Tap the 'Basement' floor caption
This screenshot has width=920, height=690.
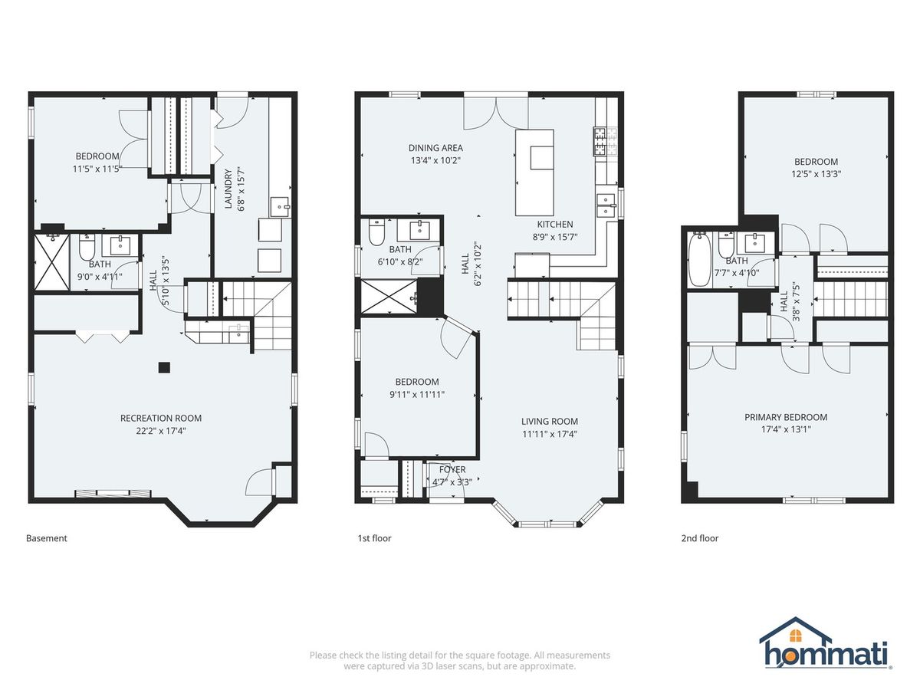[47, 538]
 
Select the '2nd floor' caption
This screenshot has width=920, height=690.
[699, 538]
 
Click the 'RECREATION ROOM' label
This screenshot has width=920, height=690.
[161, 418]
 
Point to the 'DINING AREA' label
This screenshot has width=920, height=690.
[435, 148]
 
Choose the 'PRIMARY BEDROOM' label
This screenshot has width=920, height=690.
[786, 417]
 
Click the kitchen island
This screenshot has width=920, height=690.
[534, 172]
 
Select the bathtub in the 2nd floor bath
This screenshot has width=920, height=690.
[699, 259]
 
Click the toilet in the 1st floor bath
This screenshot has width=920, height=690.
[376, 233]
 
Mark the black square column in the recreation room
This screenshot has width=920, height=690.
[164, 368]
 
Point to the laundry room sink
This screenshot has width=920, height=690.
[279, 207]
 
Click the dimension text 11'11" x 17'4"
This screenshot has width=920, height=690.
[550, 434]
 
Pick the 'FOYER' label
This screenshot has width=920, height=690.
[452, 470]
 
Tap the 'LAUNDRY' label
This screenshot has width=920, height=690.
[228, 189]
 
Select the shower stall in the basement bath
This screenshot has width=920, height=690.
[51, 262]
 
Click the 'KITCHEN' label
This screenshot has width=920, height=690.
[555, 224]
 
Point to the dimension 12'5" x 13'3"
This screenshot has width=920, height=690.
[816, 174]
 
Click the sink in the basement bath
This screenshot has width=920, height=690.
[120, 245]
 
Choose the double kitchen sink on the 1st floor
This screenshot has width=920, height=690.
[606, 205]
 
